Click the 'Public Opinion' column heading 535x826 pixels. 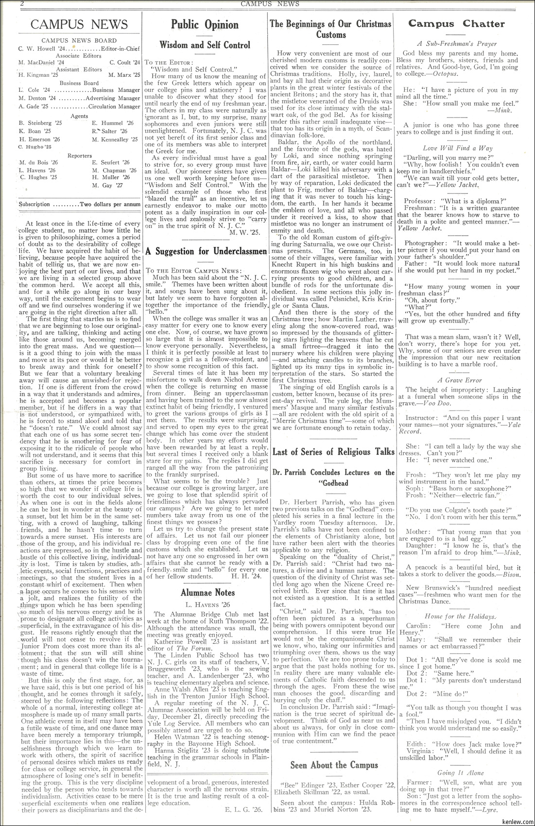[x=205, y=25]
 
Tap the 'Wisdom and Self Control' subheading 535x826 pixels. [x=205, y=45]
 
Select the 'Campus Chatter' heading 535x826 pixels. [x=456, y=24]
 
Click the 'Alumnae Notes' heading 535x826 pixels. [x=207, y=592]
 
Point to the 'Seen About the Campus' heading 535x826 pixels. [x=334, y=765]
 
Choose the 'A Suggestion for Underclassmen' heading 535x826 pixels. [x=206, y=251]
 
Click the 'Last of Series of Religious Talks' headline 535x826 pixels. [x=333, y=451]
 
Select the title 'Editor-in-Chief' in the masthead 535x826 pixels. [x=120, y=49]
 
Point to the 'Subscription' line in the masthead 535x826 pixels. [x=79, y=205]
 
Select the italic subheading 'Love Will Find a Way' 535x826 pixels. [x=457, y=148]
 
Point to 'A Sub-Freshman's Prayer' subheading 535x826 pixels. [x=457, y=43]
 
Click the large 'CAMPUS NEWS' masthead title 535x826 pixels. [x=79, y=25]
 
